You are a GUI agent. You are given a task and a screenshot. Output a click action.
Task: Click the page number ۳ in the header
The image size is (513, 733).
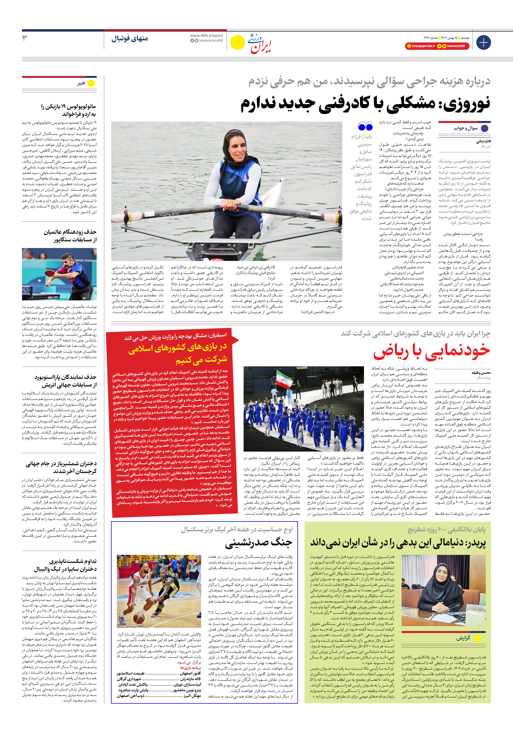tap(25, 38)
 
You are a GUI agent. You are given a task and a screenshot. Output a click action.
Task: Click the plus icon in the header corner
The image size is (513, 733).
tap(483, 42)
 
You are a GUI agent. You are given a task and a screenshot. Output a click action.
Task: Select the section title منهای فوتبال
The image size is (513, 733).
tap(130, 39)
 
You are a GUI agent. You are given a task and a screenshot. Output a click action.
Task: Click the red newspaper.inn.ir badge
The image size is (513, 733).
tap(420, 46)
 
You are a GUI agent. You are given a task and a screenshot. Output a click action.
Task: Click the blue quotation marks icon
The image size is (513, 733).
tap(365, 126)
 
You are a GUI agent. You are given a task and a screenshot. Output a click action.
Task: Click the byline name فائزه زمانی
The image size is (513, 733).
tap(483, 141)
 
